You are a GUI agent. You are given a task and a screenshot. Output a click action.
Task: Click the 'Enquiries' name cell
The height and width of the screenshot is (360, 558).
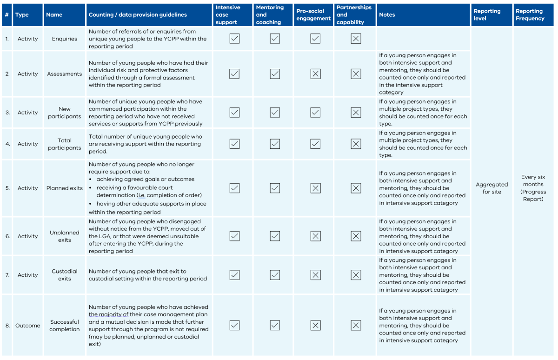[65, 39]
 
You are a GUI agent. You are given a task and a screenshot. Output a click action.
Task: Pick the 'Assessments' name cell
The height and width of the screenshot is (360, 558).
[65, 74]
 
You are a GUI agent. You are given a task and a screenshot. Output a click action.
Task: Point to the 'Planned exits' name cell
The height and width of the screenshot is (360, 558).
[65, 188]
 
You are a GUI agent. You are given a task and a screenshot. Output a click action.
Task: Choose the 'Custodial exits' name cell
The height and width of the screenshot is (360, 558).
[65, 275]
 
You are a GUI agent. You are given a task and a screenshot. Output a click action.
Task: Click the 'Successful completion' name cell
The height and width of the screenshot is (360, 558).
[65, 326]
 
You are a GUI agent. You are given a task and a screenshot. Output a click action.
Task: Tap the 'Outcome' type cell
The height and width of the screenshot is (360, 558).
[28, 326]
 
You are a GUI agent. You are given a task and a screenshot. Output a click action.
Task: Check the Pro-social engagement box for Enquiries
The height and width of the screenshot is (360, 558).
[315, 39]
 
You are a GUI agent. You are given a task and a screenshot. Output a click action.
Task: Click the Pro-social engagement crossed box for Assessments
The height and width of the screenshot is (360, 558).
[315, 73]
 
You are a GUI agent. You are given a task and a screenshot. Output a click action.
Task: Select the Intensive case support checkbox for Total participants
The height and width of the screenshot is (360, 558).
[234, 144]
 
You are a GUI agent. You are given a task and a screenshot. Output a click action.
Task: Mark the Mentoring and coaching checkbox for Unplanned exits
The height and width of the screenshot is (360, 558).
[275, 236]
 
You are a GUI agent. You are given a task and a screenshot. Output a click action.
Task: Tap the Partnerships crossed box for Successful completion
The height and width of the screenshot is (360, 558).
[356, 326]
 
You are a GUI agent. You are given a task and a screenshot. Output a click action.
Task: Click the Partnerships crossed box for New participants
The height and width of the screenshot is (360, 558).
[356, 113]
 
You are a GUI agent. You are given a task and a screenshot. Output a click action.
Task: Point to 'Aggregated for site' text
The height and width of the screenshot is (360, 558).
[492, 188]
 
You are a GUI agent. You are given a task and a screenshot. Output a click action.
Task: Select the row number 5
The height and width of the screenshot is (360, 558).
[7, 188]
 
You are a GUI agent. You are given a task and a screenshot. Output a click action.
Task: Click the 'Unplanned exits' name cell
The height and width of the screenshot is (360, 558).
[65, 236]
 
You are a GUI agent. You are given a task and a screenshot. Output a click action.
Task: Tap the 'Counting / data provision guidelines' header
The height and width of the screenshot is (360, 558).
[138, 15]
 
